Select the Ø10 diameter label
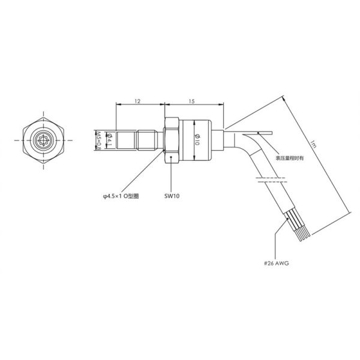196,140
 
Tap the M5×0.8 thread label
98,140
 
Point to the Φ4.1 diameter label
109,140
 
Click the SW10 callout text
172,196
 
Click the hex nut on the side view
170,140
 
